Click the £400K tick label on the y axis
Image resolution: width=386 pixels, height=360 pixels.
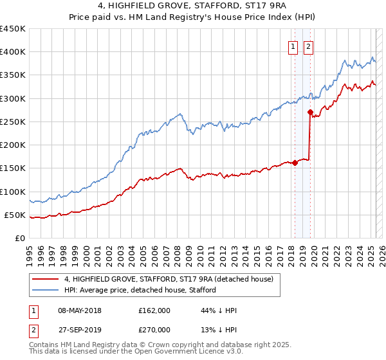[x=12, y=52]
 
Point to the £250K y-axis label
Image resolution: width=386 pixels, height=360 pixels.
[x=12, y=122]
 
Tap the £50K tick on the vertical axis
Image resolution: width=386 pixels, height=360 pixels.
[x=15, y=215]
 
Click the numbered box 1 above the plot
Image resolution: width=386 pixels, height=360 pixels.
[x=293, y=46]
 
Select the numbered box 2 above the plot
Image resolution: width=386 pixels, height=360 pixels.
[x=308, y=46]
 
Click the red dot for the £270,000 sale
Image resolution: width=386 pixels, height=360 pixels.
[x=310, y=113]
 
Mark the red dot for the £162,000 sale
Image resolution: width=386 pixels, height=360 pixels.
[x=295, y=163]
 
